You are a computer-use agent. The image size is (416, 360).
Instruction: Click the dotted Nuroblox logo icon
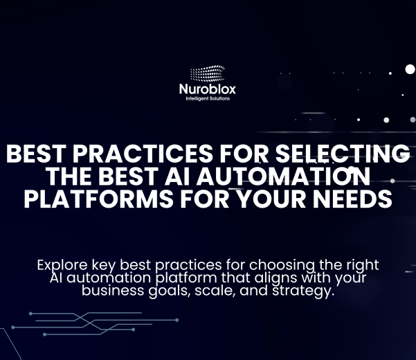point(207,74)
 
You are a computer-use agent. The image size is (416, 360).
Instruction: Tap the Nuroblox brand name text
point(208,89)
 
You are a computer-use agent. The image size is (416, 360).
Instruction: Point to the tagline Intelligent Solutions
point(208,99)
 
